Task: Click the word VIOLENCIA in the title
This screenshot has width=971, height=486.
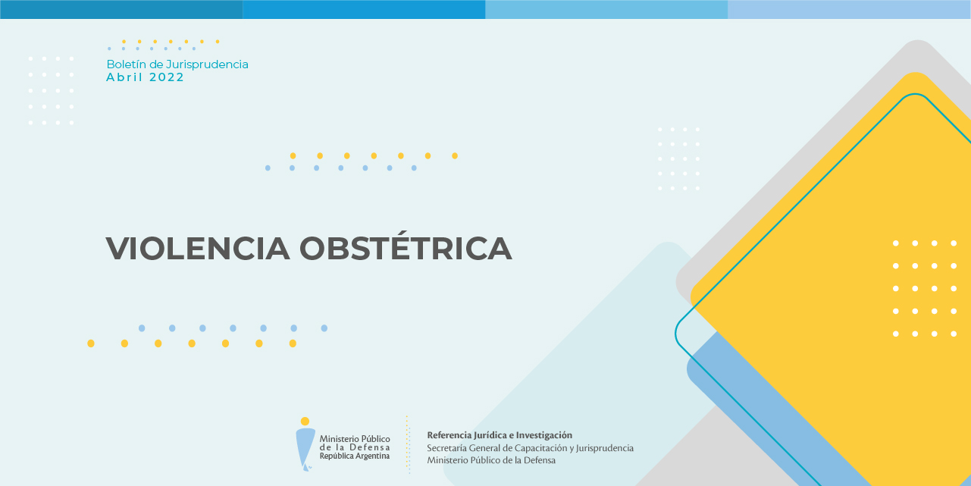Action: tap(198, 249)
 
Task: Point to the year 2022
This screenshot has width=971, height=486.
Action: tap(167, 77)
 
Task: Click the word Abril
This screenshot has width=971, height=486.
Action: tap(124, 77)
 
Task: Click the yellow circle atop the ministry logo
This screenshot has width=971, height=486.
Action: tap(305, 421)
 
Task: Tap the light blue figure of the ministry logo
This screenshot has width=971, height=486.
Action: tap(305, 449)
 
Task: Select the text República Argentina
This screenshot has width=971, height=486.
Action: tap(355, 456)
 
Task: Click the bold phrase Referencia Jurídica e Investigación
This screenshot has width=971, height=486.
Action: tap(500, 435)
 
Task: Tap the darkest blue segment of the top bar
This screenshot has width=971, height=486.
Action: tap(121, 9)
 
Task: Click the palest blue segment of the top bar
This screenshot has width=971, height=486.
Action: tap(849, 9)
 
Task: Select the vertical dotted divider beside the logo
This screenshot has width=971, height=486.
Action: tap(408, 444)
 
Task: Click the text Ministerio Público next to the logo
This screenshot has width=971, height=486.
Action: tap(355, 439)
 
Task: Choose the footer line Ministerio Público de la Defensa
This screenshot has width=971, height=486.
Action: tap(491, 460)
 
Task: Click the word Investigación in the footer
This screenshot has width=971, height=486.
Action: tap(544, 435)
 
